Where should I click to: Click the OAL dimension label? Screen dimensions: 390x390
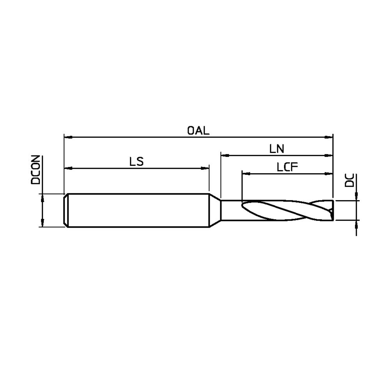pos(198,130)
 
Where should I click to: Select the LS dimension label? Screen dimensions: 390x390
pos(136,162)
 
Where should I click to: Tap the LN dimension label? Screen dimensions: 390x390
pos(277,149)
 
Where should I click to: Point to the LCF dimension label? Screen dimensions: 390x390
pos(287,167)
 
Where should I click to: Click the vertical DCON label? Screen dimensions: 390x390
pos(35,170)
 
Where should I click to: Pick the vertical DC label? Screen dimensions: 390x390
pos(349,180)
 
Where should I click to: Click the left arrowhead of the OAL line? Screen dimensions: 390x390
pos(68,137)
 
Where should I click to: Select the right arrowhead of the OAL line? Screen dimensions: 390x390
pos(328,137)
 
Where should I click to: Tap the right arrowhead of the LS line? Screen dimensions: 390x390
pos(205,168)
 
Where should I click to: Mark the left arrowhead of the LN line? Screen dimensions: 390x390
pos(225,156)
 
